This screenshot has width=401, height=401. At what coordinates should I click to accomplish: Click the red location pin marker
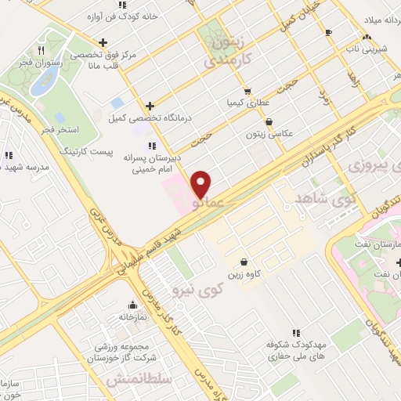click(x=201, y=184)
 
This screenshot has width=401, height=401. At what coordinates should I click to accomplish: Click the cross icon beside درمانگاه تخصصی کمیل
click(x=149, y=106)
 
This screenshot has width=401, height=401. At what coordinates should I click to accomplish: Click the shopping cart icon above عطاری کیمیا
click(x=247, y=91)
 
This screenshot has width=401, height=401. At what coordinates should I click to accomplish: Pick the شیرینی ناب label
click(x=373, y=48)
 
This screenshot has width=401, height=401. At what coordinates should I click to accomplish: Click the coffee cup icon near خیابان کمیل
click(x=328, y=31)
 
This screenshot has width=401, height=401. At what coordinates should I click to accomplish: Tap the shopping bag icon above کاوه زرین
click(x=244, y=262)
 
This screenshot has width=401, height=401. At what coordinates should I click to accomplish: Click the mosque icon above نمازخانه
click(x=132, y=305)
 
